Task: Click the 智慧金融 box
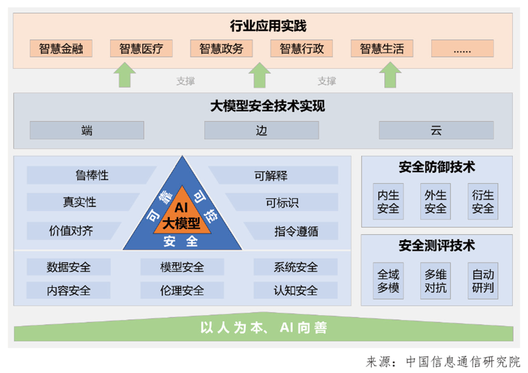click(61, 49)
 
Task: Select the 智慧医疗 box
click(141, 49)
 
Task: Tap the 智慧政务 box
click(221, 49)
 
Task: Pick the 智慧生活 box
click(382, 49)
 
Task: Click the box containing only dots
click(462, 49)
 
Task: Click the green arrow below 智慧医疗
click(126, 76)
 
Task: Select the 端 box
click(87, 130)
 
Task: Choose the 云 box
click(436, 130)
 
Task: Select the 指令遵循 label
click(296, 231)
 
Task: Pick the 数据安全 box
click(68, 267)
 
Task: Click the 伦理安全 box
click(182, 290)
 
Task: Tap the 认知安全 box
click(295, 290)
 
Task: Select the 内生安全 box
click(388, 202)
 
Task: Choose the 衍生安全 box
click(483, 202)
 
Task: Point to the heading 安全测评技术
click(436, 246)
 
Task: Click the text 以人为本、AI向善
click(264, 328)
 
